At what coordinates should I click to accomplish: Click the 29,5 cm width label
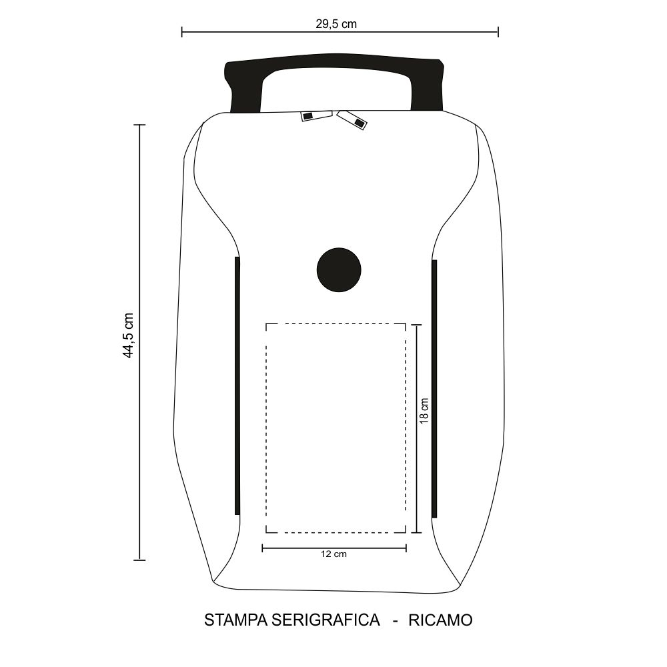click(336, 24)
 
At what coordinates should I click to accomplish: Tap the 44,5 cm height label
click(128, 336)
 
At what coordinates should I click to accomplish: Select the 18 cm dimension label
click(424, 411)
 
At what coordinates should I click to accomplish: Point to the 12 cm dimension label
click(334, 554)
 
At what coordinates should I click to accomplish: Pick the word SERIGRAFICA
click(325, 620)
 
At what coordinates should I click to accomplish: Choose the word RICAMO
click(440, 620)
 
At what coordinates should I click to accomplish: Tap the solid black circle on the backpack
click(339, 269)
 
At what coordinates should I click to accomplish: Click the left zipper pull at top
click(316, 115)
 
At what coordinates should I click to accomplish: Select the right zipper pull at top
click(352, 119)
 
